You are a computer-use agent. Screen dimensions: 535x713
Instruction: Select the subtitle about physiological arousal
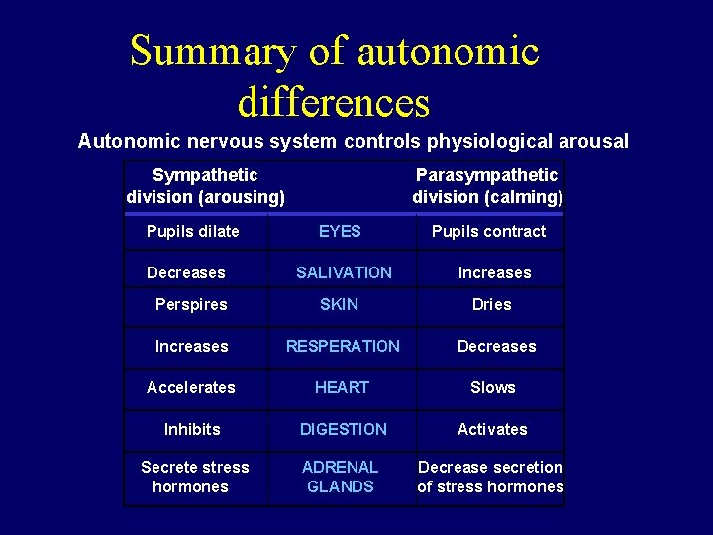353,141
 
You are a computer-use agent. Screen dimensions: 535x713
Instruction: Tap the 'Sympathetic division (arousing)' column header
206,186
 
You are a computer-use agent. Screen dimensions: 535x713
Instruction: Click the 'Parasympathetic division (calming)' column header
487,186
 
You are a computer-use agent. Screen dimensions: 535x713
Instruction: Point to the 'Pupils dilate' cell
192,231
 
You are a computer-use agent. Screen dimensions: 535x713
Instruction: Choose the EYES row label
340,231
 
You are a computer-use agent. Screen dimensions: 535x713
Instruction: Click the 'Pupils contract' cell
488,231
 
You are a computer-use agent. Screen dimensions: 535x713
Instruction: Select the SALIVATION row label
344,272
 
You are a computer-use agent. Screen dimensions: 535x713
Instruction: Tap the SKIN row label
339,304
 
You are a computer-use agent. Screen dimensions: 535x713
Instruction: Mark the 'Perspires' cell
191,304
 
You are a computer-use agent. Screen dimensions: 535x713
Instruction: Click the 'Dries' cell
492,304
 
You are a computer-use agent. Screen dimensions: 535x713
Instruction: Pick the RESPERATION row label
343,346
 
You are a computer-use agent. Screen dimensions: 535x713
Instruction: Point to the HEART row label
342,387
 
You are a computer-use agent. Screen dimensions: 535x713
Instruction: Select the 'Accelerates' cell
191,387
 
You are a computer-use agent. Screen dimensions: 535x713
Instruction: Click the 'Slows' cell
493,387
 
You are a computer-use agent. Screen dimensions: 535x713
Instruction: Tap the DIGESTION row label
344,429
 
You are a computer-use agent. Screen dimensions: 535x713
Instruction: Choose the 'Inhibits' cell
192,429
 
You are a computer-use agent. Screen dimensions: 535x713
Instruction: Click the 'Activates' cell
492,429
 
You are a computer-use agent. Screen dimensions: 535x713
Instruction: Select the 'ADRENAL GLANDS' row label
341,477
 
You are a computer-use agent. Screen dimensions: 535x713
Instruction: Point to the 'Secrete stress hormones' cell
194,477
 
